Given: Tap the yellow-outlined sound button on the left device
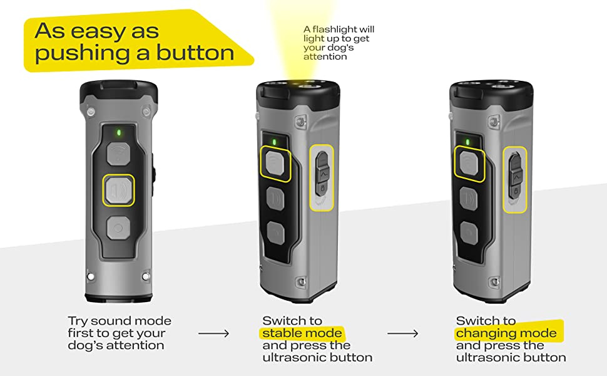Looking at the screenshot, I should (119, 190).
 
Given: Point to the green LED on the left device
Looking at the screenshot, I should (118, 133).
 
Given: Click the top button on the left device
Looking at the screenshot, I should (118, 154).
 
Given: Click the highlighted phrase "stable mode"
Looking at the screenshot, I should (302, 333).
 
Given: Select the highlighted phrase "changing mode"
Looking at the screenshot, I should (506, 333).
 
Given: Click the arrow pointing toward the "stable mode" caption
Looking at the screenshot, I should (213, 333).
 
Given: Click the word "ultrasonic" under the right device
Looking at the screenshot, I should (490, 358).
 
